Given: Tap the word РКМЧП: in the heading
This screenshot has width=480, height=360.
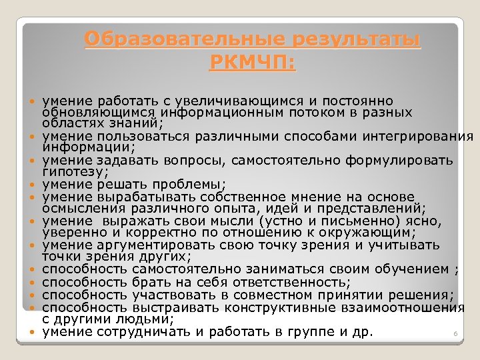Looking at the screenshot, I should coord(253,63).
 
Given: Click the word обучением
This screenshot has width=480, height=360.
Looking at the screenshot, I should coord(405,269).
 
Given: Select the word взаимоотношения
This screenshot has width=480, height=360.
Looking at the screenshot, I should coord(412,307).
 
